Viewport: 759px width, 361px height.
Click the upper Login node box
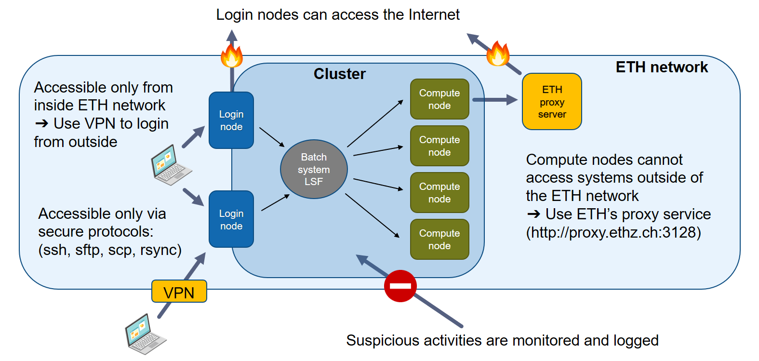[x=231, y=120]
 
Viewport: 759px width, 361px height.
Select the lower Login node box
[x=231, y=219]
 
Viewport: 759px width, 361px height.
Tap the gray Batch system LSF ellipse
[x=314, y=169]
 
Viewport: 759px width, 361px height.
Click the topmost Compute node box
[x=439, y=99]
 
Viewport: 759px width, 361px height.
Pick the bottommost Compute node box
[x=439, y=240]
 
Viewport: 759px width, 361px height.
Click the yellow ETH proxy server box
[x=552, y=102]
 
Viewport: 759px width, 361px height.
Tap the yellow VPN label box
[x=179, y=291]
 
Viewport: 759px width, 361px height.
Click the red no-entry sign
[x=400, y=286]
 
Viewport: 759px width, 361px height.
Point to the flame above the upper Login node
[x=232, y=55]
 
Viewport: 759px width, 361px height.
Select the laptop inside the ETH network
[x=171, y=165]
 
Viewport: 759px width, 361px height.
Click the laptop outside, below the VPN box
[x=146, y=334]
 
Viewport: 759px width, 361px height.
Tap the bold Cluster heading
[x=340, y=74]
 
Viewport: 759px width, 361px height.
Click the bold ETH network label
[x=662, y=67]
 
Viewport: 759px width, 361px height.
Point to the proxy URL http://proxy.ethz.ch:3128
[x=613, y=232]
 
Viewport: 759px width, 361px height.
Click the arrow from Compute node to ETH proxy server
[x=495, y=100]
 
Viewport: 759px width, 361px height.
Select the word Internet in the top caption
[x=434, y=14]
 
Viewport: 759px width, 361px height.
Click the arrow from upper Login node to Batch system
[x=272, y=137]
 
